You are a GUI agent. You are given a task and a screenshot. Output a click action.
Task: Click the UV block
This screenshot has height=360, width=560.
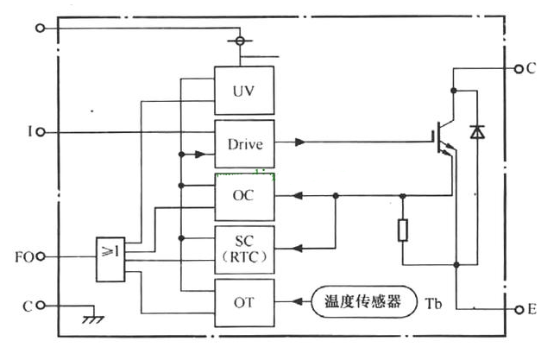coord(244,91)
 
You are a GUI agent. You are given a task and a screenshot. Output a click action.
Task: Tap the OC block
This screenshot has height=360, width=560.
coord(244,197)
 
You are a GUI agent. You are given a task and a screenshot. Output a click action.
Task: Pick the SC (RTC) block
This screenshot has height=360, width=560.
coord(244,249)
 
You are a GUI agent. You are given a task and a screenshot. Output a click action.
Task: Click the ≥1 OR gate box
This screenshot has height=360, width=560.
coord(110,257)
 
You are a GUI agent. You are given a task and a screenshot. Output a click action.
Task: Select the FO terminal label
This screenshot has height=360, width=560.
coord(24,258)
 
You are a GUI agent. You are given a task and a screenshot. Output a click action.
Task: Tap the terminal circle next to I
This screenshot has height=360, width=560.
coord(40,133)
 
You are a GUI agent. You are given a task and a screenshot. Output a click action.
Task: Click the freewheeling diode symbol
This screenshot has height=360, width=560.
coord(476,132)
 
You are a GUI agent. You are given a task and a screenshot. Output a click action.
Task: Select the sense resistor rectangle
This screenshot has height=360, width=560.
coord(403,230)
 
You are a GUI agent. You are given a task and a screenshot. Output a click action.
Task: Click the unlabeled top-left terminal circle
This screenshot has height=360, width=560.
coord(40,28)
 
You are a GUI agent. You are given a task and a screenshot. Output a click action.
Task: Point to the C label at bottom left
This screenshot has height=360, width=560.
coord(24,306)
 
